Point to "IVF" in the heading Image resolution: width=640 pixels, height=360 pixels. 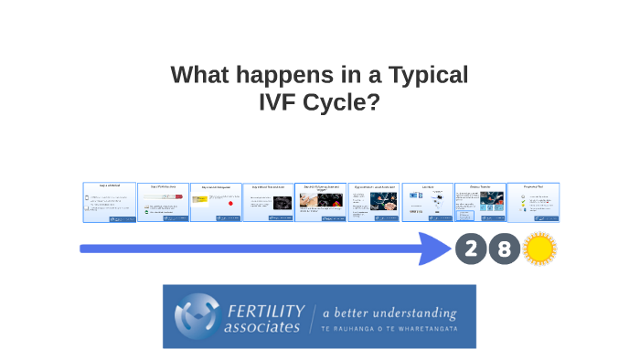pos(284,102)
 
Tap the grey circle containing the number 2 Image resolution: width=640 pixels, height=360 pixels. pos(471,249)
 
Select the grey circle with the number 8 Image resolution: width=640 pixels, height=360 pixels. pos(504,249)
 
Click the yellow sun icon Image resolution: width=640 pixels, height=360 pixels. pos(539,249)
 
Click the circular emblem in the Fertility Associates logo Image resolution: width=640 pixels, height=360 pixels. pos(197,315)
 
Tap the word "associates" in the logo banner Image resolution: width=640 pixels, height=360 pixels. pos(262,326)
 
